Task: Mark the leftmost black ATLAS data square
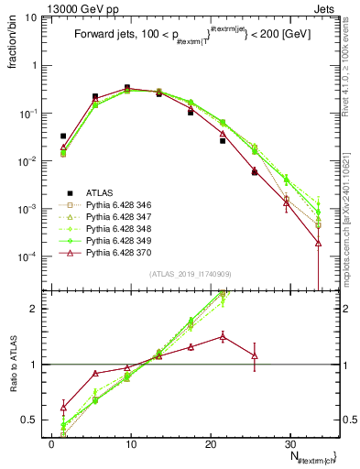point(63,136)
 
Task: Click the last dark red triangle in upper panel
point(318,243)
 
